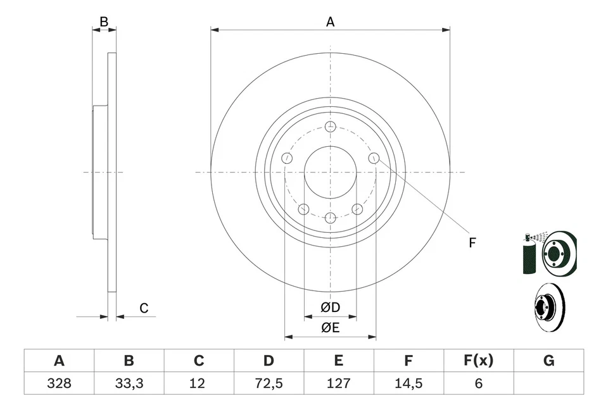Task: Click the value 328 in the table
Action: point(59,383)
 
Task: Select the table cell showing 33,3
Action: point(129,383)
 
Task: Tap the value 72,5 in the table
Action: point(269,383)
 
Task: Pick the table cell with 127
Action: point(339,383)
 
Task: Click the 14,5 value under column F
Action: point(408,383)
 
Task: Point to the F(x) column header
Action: point(478,361)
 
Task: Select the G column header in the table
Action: point(548,361)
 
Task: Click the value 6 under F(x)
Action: point(478,383)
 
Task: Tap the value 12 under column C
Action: point(199,383)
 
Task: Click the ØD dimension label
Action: point(330,308)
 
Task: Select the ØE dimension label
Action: point(330,327)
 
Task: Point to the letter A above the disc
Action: point(330,22)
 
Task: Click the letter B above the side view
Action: point(104,22)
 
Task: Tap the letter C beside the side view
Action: point(144,308)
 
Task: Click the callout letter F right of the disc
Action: point(472,242)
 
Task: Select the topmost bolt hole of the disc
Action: point(330,127)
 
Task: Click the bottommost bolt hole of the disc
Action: point(330,218)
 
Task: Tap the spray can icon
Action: point(529,254)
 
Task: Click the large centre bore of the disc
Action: point(330,172)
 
